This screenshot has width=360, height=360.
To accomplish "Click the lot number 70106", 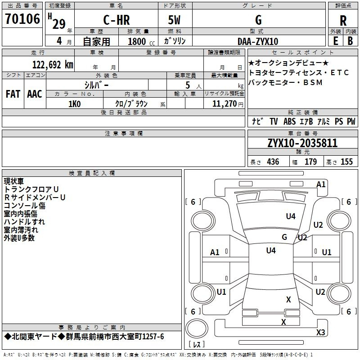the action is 22,19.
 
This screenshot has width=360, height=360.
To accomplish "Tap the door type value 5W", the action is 175,20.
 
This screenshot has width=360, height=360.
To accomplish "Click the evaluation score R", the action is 343,21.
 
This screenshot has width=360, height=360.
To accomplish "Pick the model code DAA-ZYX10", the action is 258,41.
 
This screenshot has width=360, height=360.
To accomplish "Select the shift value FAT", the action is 13,94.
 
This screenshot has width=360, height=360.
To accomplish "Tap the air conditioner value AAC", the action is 35,94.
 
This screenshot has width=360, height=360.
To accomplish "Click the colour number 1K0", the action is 74,104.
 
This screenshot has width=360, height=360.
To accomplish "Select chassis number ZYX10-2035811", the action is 302,143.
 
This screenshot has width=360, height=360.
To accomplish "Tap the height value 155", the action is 346,162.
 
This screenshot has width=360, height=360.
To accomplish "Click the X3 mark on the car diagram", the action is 320,333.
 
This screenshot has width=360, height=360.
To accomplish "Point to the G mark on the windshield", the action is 284,237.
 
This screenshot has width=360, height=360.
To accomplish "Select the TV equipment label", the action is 274,121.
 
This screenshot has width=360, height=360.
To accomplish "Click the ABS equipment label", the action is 289,121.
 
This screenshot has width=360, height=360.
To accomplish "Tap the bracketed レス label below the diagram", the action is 197,345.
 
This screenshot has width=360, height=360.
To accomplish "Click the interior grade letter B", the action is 350,41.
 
